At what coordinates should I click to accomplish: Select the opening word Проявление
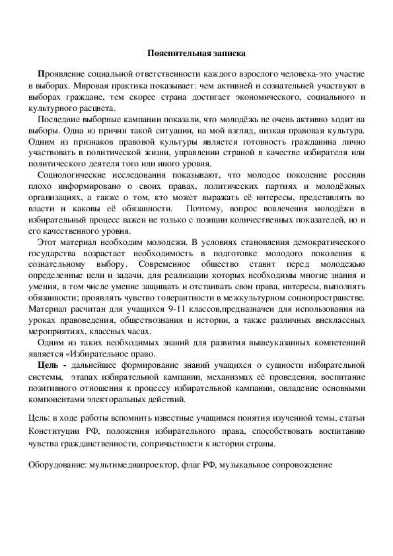[x=63, y=74]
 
